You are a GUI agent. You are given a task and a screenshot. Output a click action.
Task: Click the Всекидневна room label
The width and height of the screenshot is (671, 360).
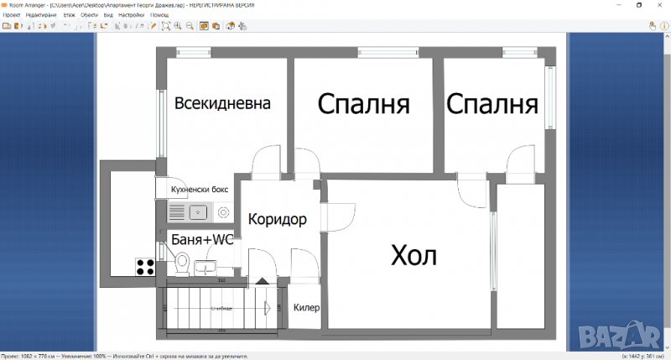coord(222,104)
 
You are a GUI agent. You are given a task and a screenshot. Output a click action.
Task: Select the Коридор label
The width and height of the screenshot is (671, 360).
coord(278,220)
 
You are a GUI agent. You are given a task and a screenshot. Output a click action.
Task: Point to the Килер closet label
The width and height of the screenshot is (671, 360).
coord(306,308)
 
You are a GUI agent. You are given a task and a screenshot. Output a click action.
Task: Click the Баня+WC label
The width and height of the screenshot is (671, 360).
coord(202,240)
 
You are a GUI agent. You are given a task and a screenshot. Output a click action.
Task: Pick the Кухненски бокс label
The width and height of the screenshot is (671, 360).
coord(200,190)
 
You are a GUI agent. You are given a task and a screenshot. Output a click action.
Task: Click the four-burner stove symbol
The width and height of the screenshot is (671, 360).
coord(145,267)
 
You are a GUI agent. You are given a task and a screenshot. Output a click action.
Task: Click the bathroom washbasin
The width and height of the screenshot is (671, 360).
coord(204,268)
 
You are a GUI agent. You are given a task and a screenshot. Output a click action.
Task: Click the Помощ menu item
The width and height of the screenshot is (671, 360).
coord(159,15)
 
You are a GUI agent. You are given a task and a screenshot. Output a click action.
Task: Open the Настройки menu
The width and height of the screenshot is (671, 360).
coord(131,15)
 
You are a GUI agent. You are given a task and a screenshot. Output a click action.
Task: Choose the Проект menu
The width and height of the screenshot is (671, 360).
coord(12,15)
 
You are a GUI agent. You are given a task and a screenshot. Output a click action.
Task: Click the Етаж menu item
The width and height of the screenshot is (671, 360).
coord(69,15)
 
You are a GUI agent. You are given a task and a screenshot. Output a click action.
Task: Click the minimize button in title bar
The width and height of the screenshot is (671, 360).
coord(615,5)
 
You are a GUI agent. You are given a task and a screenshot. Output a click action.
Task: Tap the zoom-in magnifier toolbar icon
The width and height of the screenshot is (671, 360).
coord(178,26)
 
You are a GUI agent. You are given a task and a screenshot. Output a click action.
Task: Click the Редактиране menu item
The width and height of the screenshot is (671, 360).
coord(41,15)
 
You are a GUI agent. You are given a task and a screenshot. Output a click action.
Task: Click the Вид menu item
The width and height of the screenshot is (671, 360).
coord(108,15)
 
